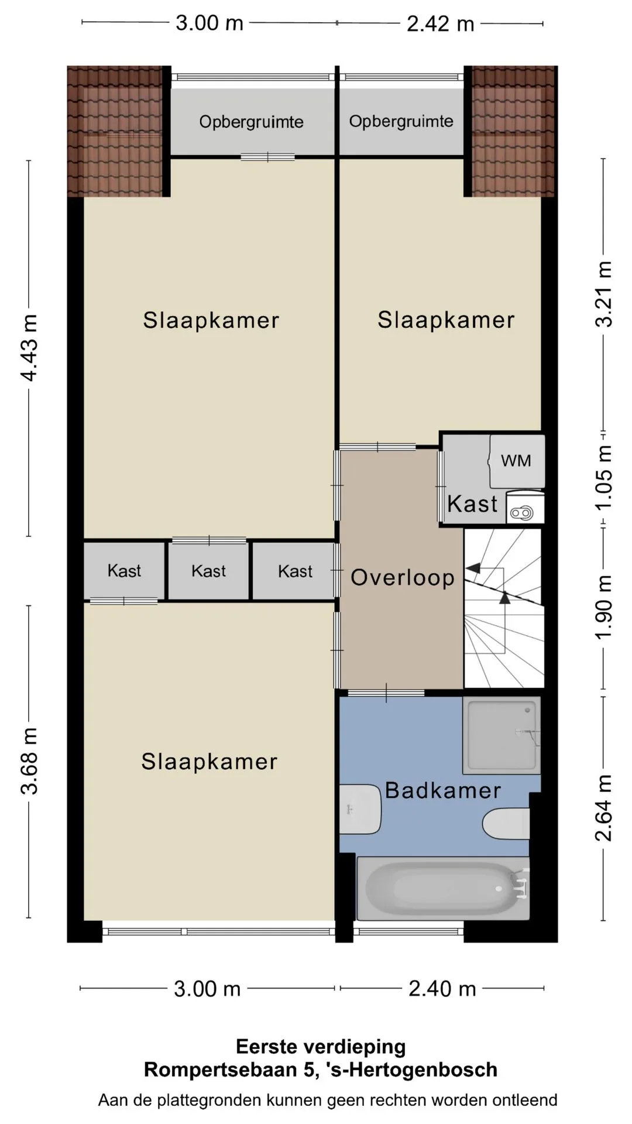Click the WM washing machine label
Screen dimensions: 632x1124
[x=516, y=461]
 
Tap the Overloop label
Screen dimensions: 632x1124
[x=403, y=578]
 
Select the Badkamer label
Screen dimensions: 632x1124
[x=443, y=790]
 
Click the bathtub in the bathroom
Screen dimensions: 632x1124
[x=443, y=887]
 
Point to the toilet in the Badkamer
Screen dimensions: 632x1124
[x=506, y=824]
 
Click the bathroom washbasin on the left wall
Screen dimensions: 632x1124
[x=360, y=810]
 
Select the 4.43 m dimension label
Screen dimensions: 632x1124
[x=29, y=348]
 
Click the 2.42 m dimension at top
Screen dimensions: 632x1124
[x=440, y=23]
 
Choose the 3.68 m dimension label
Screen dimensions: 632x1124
[x=29, y=761]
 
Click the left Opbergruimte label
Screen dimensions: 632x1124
[x=251, y=122]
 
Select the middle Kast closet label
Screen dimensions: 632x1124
[x=208, y=571]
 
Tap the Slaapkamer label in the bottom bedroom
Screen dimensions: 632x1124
[x=209, y=762]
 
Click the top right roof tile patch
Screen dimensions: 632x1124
[x=513, y=131]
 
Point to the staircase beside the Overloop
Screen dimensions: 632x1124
[x=504, y=608]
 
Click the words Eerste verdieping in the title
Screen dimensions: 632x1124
[x=321, y=1047]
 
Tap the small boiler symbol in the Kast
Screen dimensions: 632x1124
[x=521, y=513]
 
